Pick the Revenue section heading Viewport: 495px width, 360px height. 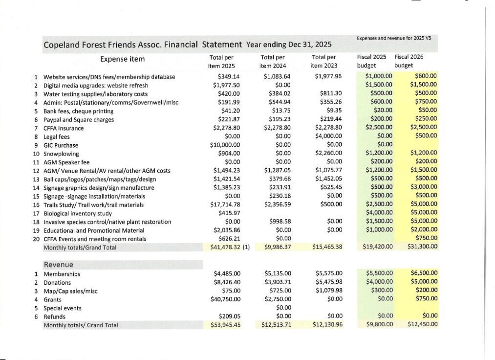click(x=59, y=265)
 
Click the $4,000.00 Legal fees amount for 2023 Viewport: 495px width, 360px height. click(x=328, y=137)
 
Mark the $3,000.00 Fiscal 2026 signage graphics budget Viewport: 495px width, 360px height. click(x=423, y=188)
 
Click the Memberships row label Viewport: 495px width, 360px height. click(x=62, y=274)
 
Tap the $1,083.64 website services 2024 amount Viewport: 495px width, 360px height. click(x=277, y=77)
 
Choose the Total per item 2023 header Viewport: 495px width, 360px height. click(x=323, y=61)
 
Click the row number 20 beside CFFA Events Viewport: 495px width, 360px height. click(x=36, y=239)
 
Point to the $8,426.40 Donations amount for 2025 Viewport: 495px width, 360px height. click(x=227, y=283)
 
